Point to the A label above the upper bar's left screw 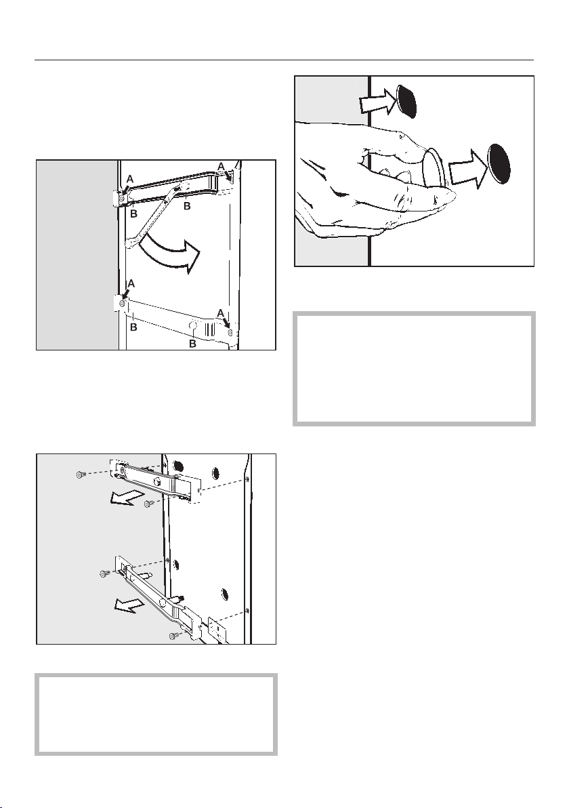[x=130, y=179]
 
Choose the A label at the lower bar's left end [x=130, y=283]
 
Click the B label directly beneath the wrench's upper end [x=188, y=205]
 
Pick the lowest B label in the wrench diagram [x=192, y=344]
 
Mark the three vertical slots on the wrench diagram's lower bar [x=209, y=328]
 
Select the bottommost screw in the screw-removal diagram [x=173, y=636]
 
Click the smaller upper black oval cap [x=407, y=100]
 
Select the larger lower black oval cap [x=499, y=163]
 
